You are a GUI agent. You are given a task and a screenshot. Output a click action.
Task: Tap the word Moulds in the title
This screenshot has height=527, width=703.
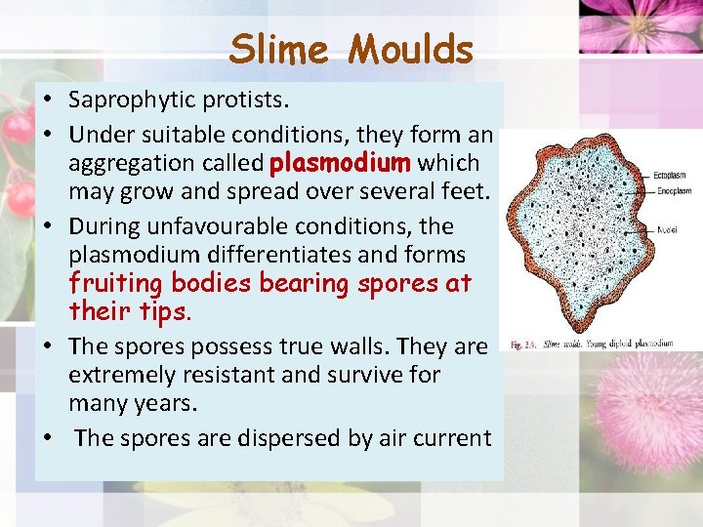click(x=411, y=49)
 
